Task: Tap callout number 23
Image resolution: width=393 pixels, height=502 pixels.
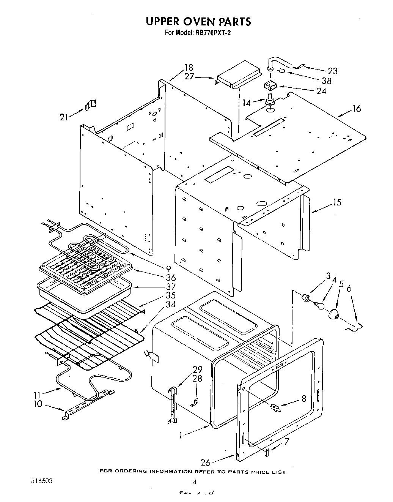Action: click(x=333, y=71)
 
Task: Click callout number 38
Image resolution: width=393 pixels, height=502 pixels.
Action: click(x=326, y=81)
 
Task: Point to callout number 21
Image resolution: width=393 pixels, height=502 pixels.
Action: click(x=64, y=117)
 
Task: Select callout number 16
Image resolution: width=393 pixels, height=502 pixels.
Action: click(x=356, y=109)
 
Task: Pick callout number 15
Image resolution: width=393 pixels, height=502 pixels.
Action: click(x=337, y=202)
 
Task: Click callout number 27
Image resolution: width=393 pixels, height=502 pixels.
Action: click(x=189, y=76)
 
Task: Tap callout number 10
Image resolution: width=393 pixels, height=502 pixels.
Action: click(x=38, y=404)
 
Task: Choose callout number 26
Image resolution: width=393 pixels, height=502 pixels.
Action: click(x=206, y=462)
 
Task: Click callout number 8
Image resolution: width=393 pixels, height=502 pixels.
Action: click(x=303, y=399)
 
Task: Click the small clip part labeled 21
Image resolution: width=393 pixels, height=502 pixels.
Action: click(x=91, y=104)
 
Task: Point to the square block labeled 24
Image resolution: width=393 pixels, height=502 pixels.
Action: click(x=270, y=86)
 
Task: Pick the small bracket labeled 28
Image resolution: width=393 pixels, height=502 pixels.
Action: click(x=194, y=402)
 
